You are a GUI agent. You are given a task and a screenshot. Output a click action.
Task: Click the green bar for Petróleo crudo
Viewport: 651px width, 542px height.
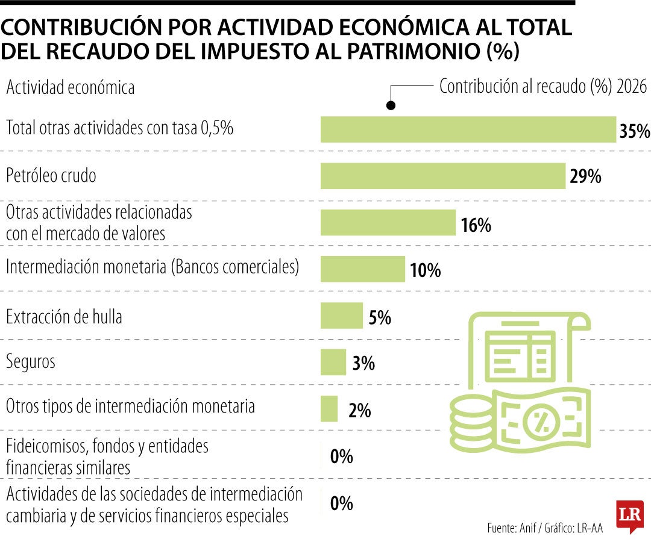pos(443,176)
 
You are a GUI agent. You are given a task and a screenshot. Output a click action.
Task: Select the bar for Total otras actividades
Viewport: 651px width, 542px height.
pos(468,129)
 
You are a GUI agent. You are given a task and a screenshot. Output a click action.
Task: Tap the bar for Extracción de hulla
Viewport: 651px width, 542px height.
pos(341,316)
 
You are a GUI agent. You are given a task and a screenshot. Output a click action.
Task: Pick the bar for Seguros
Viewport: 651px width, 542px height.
pos(333,362)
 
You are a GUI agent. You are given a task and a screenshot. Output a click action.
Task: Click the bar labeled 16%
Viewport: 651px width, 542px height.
pos(388,222)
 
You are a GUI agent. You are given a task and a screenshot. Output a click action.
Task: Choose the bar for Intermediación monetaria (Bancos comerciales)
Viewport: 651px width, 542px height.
pos(362,269)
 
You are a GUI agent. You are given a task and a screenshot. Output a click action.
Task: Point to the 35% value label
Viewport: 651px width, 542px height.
pos(634,131)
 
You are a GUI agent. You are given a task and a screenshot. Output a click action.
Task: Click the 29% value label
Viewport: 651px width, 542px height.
pos(585,177)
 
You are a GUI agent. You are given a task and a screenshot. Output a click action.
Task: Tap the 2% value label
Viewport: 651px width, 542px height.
pos(359,411)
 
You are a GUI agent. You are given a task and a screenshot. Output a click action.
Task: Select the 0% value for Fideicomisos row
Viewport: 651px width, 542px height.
pos(341,457)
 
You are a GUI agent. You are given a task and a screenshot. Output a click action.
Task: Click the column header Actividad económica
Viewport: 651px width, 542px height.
pos(70,88)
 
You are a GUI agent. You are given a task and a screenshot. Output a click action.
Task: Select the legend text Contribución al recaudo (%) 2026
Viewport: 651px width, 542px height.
pos(542,87)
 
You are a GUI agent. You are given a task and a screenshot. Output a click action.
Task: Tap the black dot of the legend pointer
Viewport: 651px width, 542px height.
pos(391,106)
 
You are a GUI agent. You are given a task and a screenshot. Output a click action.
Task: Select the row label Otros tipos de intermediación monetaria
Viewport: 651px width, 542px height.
pos(130,406)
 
